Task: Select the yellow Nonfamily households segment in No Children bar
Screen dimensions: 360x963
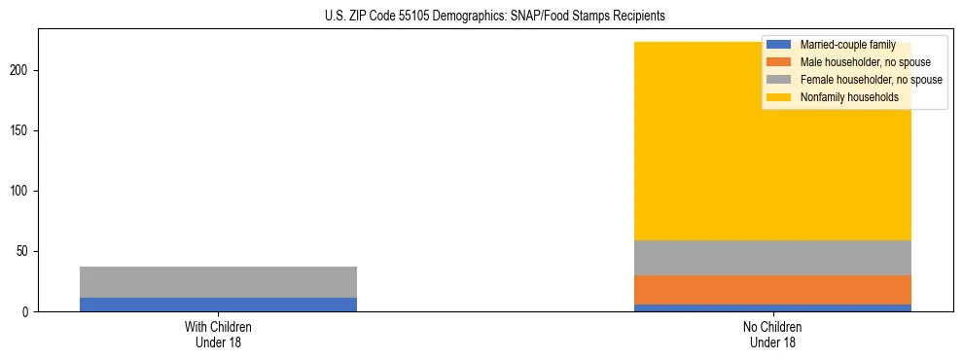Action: point(681,146)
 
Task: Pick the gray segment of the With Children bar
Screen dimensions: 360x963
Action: point(218,282)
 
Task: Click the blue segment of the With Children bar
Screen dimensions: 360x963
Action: point(218,305)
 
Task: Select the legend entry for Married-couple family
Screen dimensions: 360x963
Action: point(847,45)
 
